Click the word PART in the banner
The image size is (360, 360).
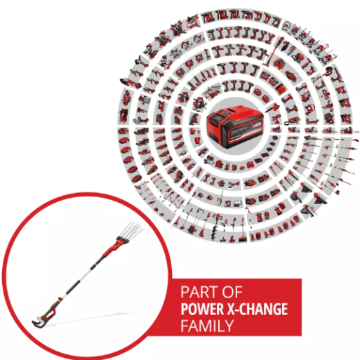(199, 292)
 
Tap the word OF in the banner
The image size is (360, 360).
(232, 292)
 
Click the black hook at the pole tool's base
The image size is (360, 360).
(38, 322)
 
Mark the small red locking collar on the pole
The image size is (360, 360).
(60, 299)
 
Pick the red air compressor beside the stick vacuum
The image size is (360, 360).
(279, 62)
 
